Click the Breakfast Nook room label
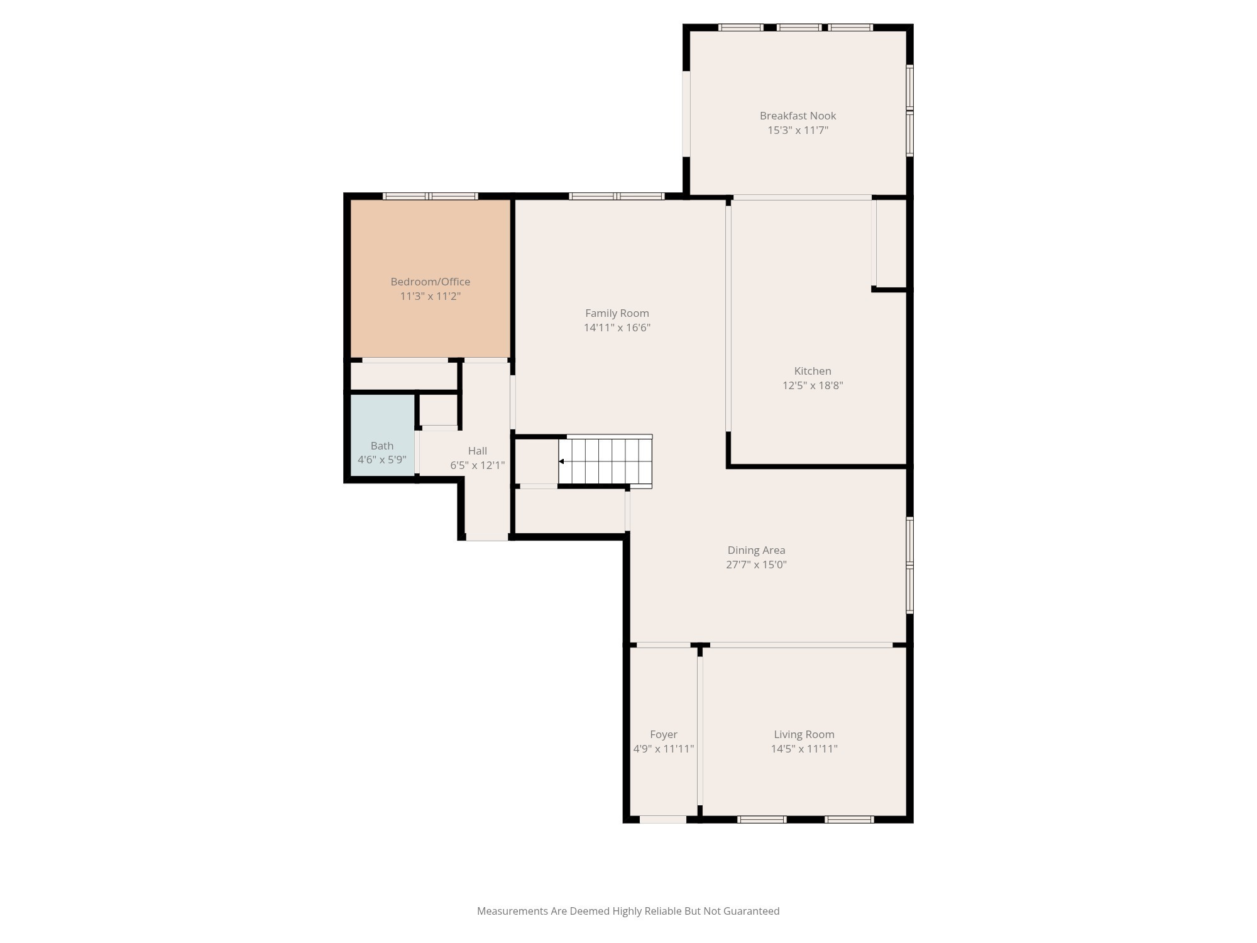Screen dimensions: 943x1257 pyautogui.click(x=798, y=116)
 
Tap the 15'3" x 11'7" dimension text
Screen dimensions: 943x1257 pyautogui.click(x=798, y=130)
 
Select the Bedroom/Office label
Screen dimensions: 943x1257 pyautogui.click(x=430, y=282)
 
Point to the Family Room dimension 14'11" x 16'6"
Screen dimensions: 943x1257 pyautogui.click(x=617, y=328)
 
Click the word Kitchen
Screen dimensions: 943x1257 pyautogui.click(x=812, y=371)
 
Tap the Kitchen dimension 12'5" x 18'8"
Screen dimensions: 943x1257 pyautogui.click(x=812, y=385)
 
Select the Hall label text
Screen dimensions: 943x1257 pyautogui.click(x=477, y=451)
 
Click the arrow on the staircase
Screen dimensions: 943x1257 pyautogui.click(x=561, y=461)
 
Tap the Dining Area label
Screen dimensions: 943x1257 pyautogui.click(x=756, y=550)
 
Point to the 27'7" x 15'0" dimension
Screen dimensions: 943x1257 pyautogui.click(x=756, y=565)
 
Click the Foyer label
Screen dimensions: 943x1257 pyautogui.click(x=663, y=734)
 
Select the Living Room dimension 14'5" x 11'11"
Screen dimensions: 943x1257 pyautogui.click(x=804, y=749)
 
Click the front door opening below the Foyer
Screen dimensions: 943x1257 pyautogui.click(x=662, y=819)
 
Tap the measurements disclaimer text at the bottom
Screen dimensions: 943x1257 pyautogui.click(x=628, y=911)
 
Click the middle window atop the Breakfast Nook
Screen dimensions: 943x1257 pyautogui.click(x=798, y=27)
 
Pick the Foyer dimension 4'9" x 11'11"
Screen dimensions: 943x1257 pyautogui.click(x=663, y=749)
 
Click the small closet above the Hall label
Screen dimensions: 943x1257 pyautogui.click(x=438, y=410)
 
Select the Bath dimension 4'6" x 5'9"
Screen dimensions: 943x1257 pyautogui.click(x=381, y=460)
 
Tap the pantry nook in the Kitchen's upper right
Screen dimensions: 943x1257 pyautogui.click(x=891, y=244)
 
